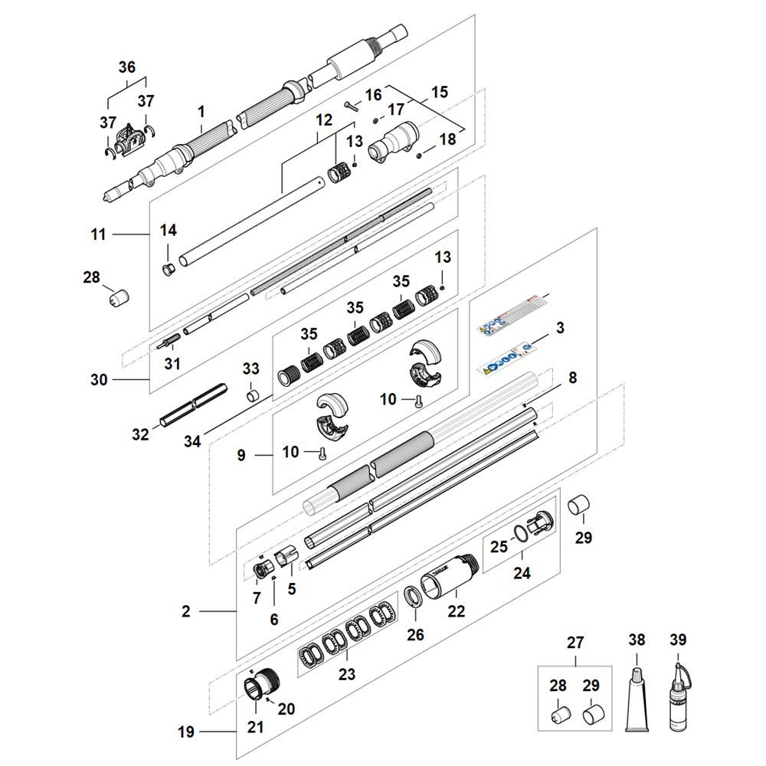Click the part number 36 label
pos(127,67)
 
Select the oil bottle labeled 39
pos(678,701)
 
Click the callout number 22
pos(457,611)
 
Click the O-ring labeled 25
pos(519,533)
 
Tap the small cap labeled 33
pos(250,396)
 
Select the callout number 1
pos(201,112)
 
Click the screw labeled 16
pos(352,106)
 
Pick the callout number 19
pos(186,732)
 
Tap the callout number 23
pos(347,674)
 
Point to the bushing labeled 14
pos(169,269)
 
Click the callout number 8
pos(572,378)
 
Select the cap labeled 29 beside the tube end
pos(580,506)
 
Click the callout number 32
pos(140,434)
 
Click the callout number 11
pos(98,234)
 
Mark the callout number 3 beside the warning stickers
pos(560,328)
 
